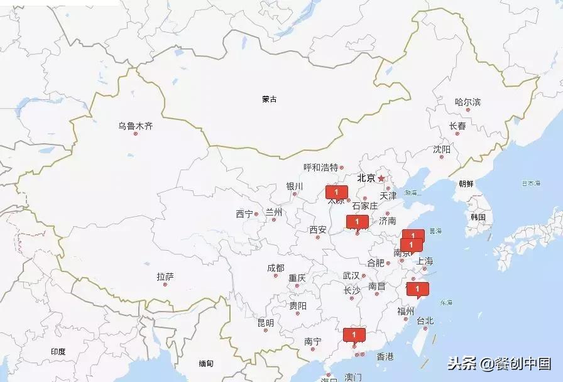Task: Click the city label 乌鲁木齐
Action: (135, 126)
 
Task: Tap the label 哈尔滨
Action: (467, 102)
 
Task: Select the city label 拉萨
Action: (165, 276)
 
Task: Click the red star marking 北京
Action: (381, 178)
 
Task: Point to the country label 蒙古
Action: (270, 99)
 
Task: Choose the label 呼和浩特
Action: (320, 167)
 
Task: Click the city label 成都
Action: (275, 268)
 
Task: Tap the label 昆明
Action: (265, 323)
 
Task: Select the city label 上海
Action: (424, 261)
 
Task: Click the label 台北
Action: (425, 320)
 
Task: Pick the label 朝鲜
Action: (466, 183)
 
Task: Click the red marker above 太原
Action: (336, 192)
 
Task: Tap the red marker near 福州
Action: (417, 289)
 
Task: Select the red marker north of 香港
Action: (354, 335)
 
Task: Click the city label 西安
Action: (317, 229)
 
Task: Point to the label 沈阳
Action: (441, 150)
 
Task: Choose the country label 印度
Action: (58, 352)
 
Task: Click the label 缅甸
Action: (206, 363)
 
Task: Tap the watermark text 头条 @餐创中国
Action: (499, 363)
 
